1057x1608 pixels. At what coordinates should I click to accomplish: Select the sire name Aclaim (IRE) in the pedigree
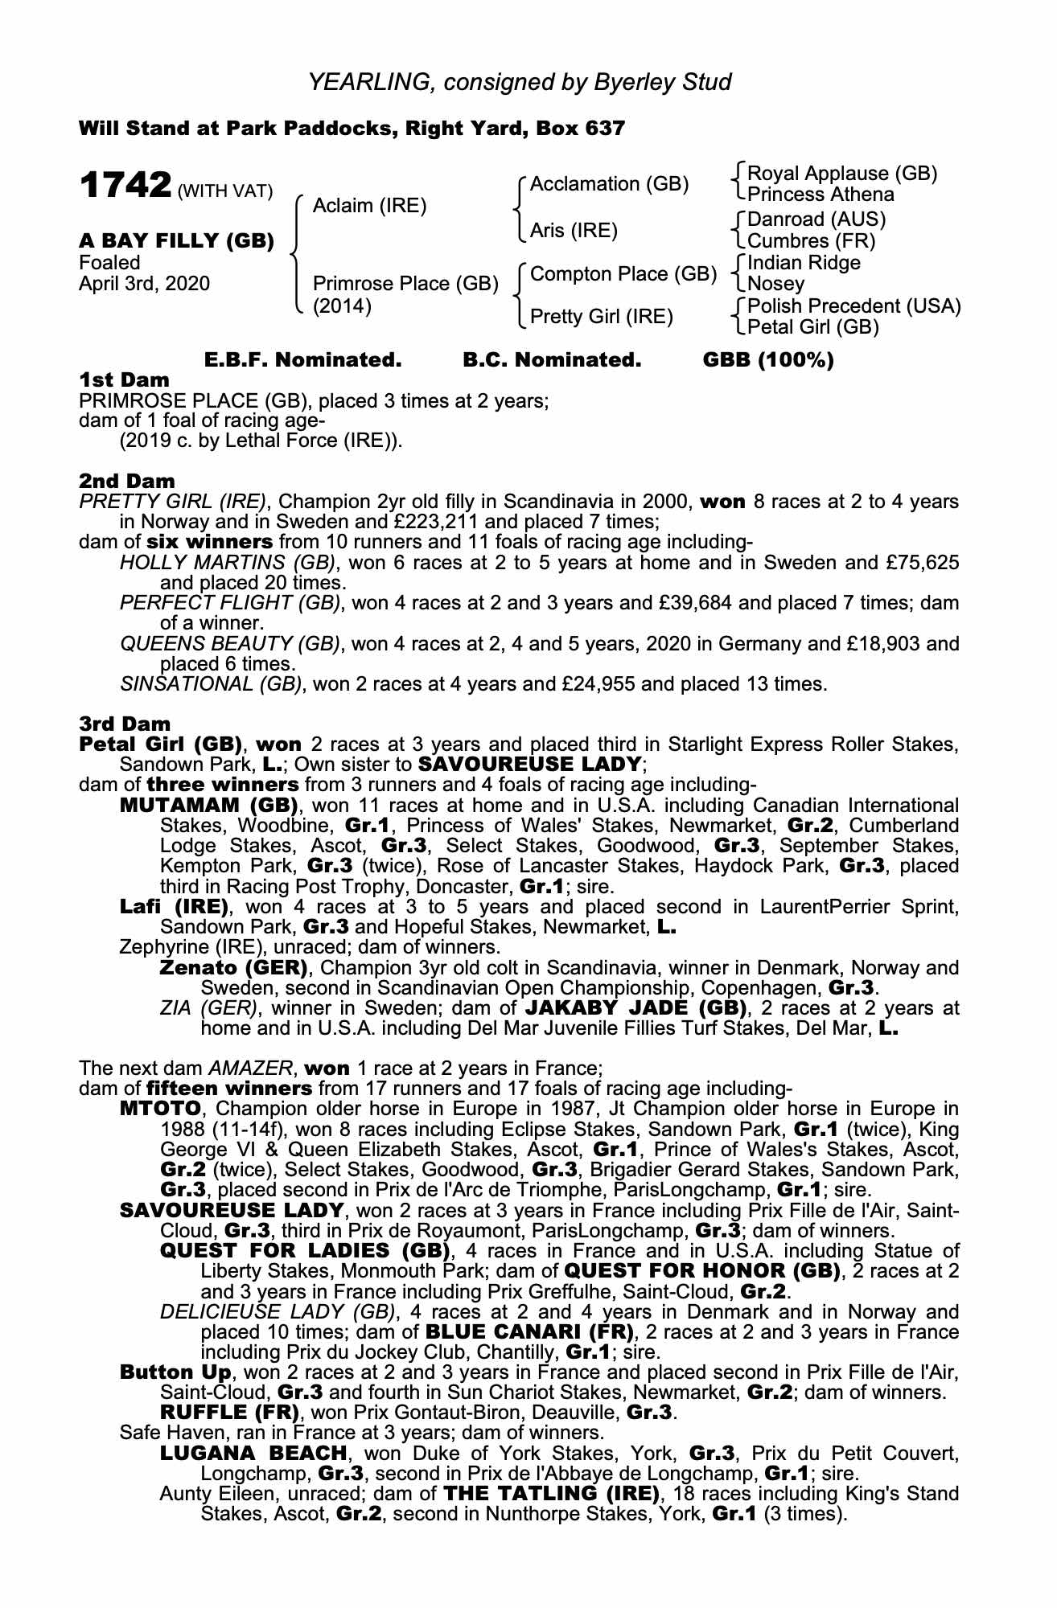[x=369, y=206]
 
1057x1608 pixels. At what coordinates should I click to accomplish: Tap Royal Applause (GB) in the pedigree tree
[x=842, y=174]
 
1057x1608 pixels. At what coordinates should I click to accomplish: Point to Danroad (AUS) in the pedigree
[x=816, y=219]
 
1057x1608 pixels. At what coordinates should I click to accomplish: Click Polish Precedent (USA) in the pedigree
[x=854, y=306]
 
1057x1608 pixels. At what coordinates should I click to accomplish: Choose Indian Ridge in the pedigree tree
[x=804, y=263]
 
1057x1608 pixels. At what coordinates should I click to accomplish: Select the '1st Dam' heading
[x=124, y=379]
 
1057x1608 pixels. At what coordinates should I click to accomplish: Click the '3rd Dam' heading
[x=125, y=724]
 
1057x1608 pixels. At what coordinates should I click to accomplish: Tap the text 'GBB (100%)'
[x=768, y=360]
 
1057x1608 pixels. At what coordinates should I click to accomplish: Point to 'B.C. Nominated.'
[x=552, y=360]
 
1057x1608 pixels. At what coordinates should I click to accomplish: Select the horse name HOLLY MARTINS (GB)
[x=229, y=563]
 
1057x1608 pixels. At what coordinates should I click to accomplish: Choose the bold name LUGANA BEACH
[x=253, y=1454]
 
